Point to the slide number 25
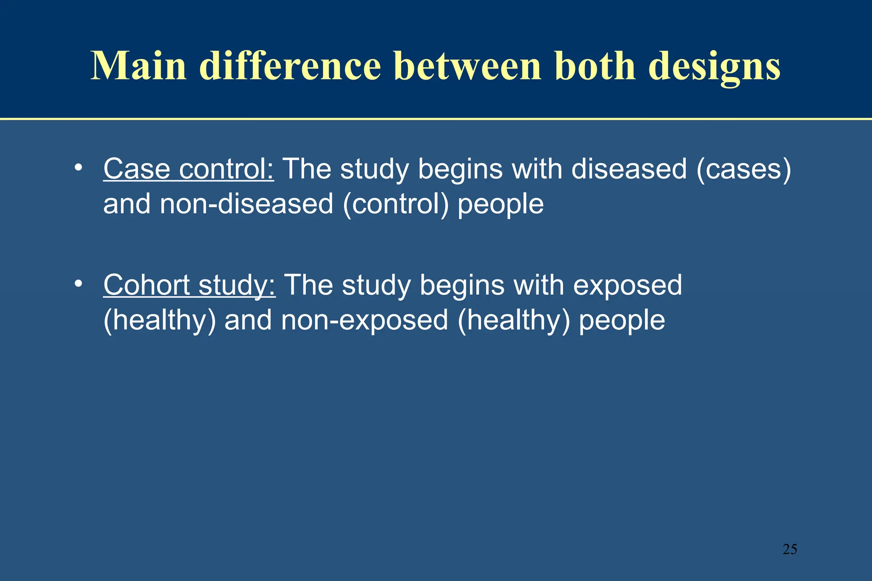coord(789,549)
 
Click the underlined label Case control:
coord(189,169)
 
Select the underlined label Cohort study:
coord(189,285)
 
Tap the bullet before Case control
coord(77,167)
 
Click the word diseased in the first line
coord(629,169)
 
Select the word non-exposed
coord(364,321)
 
